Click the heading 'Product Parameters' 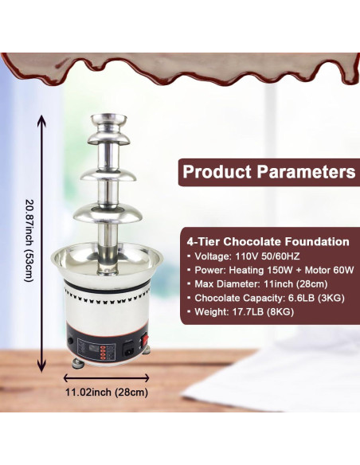(x=268, y=171)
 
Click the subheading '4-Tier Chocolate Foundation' (x=267, y=240)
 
